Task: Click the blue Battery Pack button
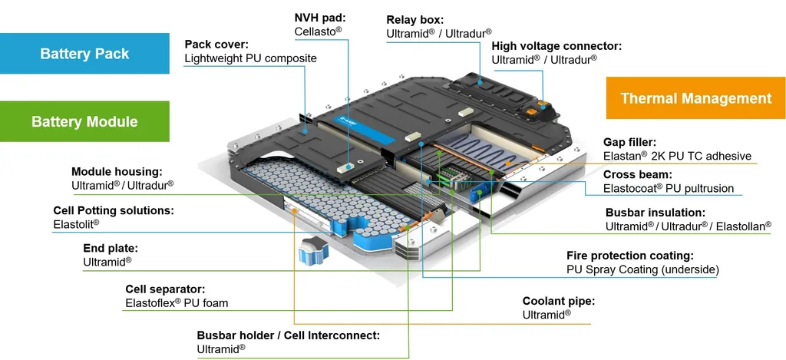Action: pyautogui.click(x=84, y=54)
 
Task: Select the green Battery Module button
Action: pyautogui.click(x=84, y=122)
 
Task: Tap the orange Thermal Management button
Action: pyautogui.click(x=695, y=98)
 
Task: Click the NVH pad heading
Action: pyautogui.click(x=320, y=17)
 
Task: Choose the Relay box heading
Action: pyautogui.click(x=414, y=19)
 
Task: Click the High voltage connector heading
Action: pyautogui.click(x=556, y=46)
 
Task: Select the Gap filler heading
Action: pyautogui.click(x=629, y=142)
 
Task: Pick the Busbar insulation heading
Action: pyautogui.click(x=655, y=212)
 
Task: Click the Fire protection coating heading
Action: pyautogui.click(x=630, y=256)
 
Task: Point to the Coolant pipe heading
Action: pyautogui.click(x=558, y=301)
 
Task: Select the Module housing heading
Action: pyautogui.click(x=117, y=172)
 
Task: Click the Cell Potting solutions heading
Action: pyautogui.click(x=114, y=210)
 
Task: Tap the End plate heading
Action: pyautogui.click(x=111, y=248)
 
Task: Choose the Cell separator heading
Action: pyautogui.click(x=165, y=289)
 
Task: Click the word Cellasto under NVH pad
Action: pyautogui.click(x=315, y=31)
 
